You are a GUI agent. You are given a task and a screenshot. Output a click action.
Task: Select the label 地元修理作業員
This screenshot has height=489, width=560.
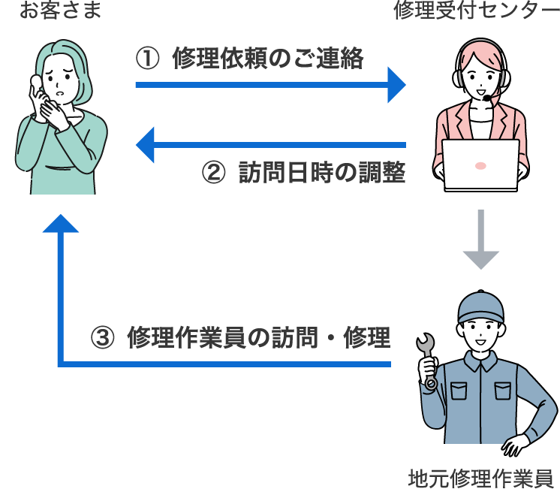[x=480, y=477]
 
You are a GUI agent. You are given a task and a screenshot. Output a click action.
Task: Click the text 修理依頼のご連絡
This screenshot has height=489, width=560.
[x=267, y=58]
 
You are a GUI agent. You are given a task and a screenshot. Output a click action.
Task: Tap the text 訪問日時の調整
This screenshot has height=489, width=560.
[x=322, y=174]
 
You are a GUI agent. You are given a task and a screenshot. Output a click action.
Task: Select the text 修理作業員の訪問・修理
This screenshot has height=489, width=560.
[x=259, y=337]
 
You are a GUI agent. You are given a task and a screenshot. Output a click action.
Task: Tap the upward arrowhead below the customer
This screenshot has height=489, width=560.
[x=61, y=224]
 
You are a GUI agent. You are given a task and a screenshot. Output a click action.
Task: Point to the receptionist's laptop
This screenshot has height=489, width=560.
[x=480, y=163]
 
